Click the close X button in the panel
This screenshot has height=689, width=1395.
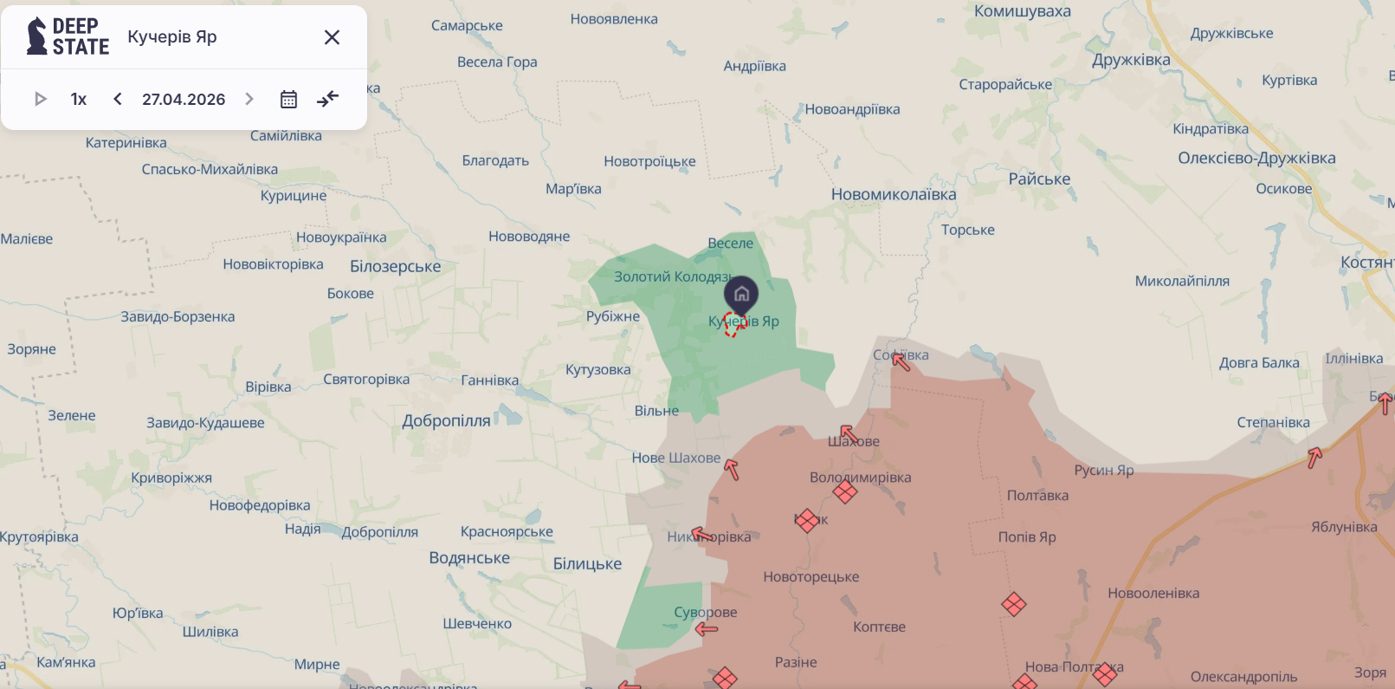[332, 37]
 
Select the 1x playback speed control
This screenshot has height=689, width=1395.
[79, 99]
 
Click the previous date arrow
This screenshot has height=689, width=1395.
[118, 99]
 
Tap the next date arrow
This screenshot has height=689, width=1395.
[249, 99]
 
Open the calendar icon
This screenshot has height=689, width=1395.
[288, 99]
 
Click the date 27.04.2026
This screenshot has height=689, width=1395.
[184, 99]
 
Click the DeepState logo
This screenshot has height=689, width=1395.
[68, 36]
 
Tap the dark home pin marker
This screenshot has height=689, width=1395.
[741, 295]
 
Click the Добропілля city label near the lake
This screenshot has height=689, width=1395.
[446, 420]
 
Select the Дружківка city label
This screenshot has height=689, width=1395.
[1131, 60]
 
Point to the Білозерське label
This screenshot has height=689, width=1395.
[395, 266]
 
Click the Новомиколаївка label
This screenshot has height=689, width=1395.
[894, 194]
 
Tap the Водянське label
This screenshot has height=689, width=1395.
[469, 557]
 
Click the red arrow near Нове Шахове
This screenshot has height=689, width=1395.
[732, 469]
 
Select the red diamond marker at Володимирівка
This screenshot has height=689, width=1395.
[845, 492]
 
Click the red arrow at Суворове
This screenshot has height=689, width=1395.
[707, 628]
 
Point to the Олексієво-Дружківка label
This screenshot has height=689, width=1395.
[1256, 158]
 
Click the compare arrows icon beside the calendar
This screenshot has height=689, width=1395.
[327, 99]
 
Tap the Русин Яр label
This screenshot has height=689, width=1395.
[1103, 470]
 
